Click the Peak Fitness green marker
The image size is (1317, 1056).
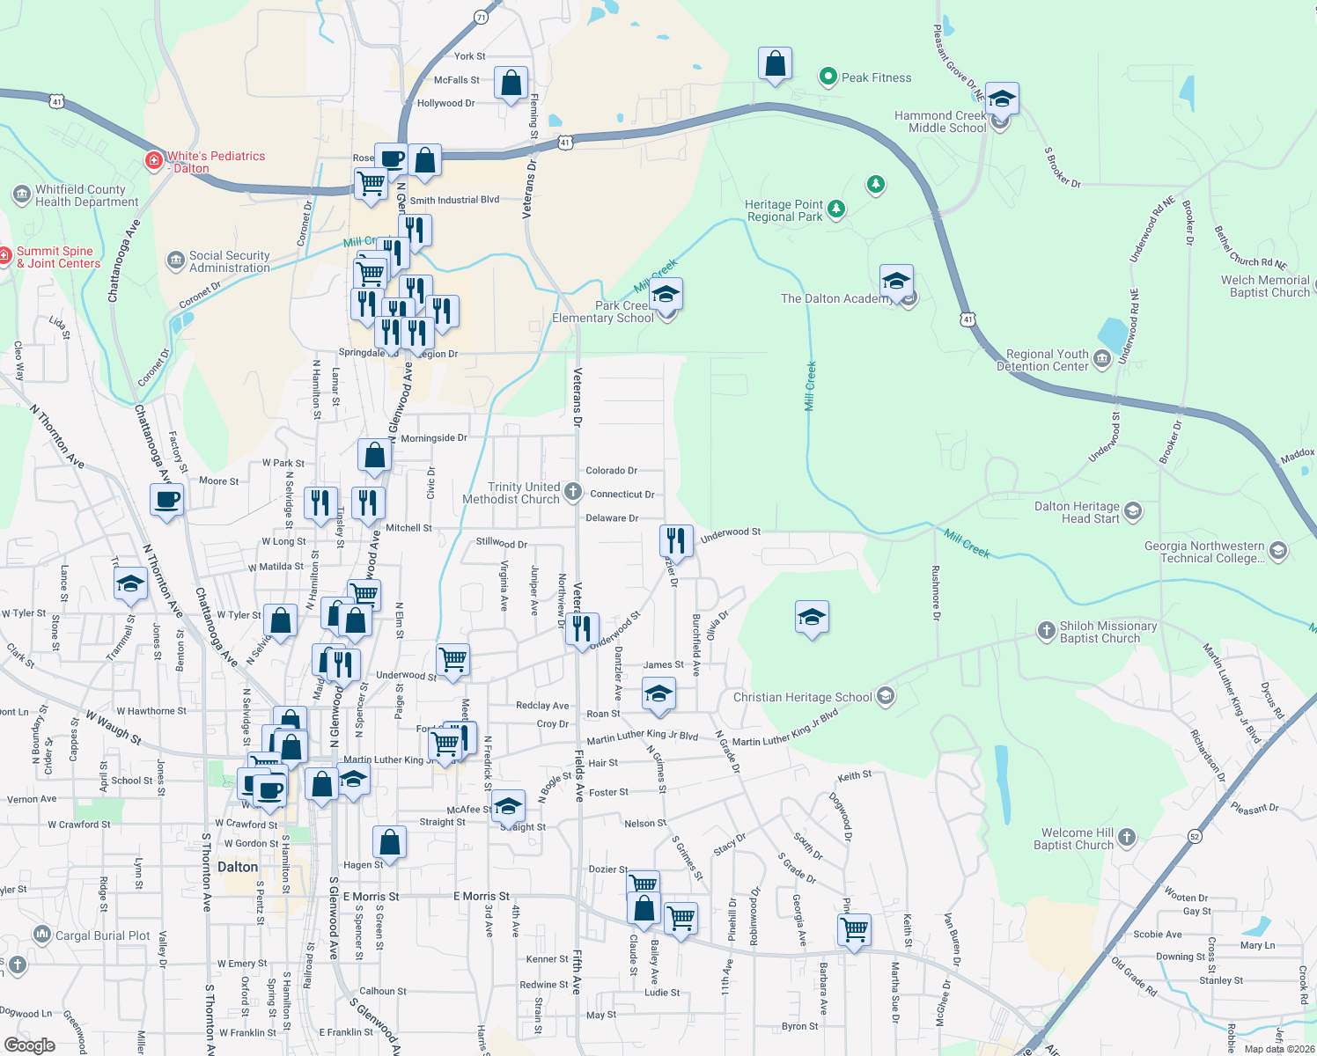click(828, 77)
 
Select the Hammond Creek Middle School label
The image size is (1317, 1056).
click(940, 121)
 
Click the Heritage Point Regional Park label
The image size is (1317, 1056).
click(784, 210)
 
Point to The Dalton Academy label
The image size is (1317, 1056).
click(835, 298)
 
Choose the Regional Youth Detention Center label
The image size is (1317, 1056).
click(1047, 360)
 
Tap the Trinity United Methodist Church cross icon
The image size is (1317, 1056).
click(573, 492)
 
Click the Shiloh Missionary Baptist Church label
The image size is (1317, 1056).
click(1107, 632)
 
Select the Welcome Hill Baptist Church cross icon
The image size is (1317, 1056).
click(1127, 838)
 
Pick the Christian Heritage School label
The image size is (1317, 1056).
click(802, 697)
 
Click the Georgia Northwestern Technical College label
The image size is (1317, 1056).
click(1203, 552)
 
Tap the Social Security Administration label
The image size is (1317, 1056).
click(229, 261)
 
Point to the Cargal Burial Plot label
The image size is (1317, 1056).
click(102, 935)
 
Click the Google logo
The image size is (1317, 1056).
click(30, 1045)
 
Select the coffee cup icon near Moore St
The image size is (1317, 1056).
click(166, 501)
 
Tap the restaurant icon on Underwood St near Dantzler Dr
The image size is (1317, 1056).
click(675, 539)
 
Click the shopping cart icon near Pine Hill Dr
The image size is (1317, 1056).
click(854, 928)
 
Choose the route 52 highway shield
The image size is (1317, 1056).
click(1195, 836)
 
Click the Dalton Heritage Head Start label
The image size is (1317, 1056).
click(1077, 512)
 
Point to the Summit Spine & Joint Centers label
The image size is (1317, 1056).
click(58, 257)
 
